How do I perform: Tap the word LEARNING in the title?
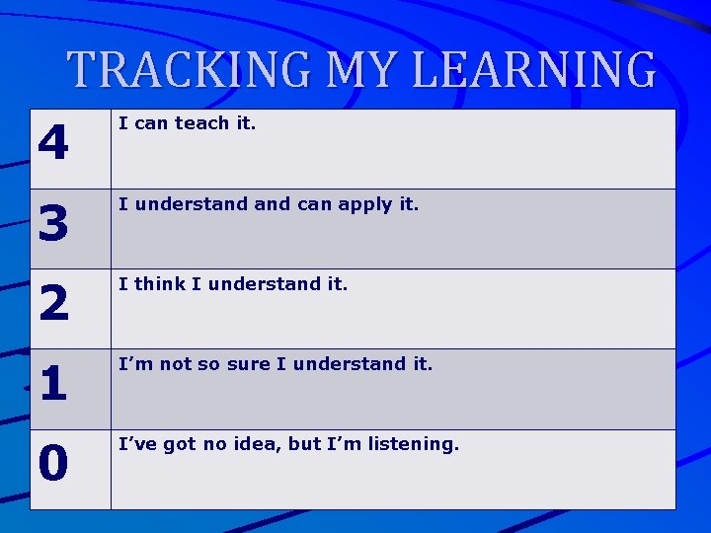click(533, 70)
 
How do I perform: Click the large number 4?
click(53, 145)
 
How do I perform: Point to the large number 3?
click(53, 225)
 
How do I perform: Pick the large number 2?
click(53, 305)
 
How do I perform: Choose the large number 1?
click(53, 385)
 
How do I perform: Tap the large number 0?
click(53, 465)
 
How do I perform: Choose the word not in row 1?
click(176, 364)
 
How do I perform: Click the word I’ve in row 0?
click(137, 444)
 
